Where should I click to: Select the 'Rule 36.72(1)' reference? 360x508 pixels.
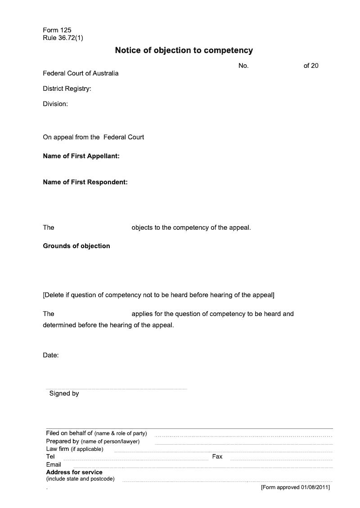click(x=63, y=38)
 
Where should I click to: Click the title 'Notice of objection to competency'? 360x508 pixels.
click(x=184, y=50)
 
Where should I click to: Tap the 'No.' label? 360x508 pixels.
click(x=243, y=66)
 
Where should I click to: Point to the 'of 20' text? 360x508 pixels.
click(x=311, y=66)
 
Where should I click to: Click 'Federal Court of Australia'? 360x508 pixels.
click(x=81, y=73)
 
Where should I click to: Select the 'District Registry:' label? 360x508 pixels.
click(x=67, y=89)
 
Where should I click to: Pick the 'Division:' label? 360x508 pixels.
click(x=55, y=104)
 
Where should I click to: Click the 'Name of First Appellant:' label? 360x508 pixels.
click(x=81, y=156)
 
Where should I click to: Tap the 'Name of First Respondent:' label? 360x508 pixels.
click(x=85, y=182)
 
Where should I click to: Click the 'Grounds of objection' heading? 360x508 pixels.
click(x=76, y=246)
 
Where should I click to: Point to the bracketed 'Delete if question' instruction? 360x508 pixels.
click(x=158, y=295)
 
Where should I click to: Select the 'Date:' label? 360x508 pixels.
click(x=51, y=355)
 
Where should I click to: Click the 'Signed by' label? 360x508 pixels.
click(x=64, y=393)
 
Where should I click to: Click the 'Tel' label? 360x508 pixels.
click(x=50, y=456)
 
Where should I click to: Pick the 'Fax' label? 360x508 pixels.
click(x=217, y=456)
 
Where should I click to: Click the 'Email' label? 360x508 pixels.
click(x=54, y=464)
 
